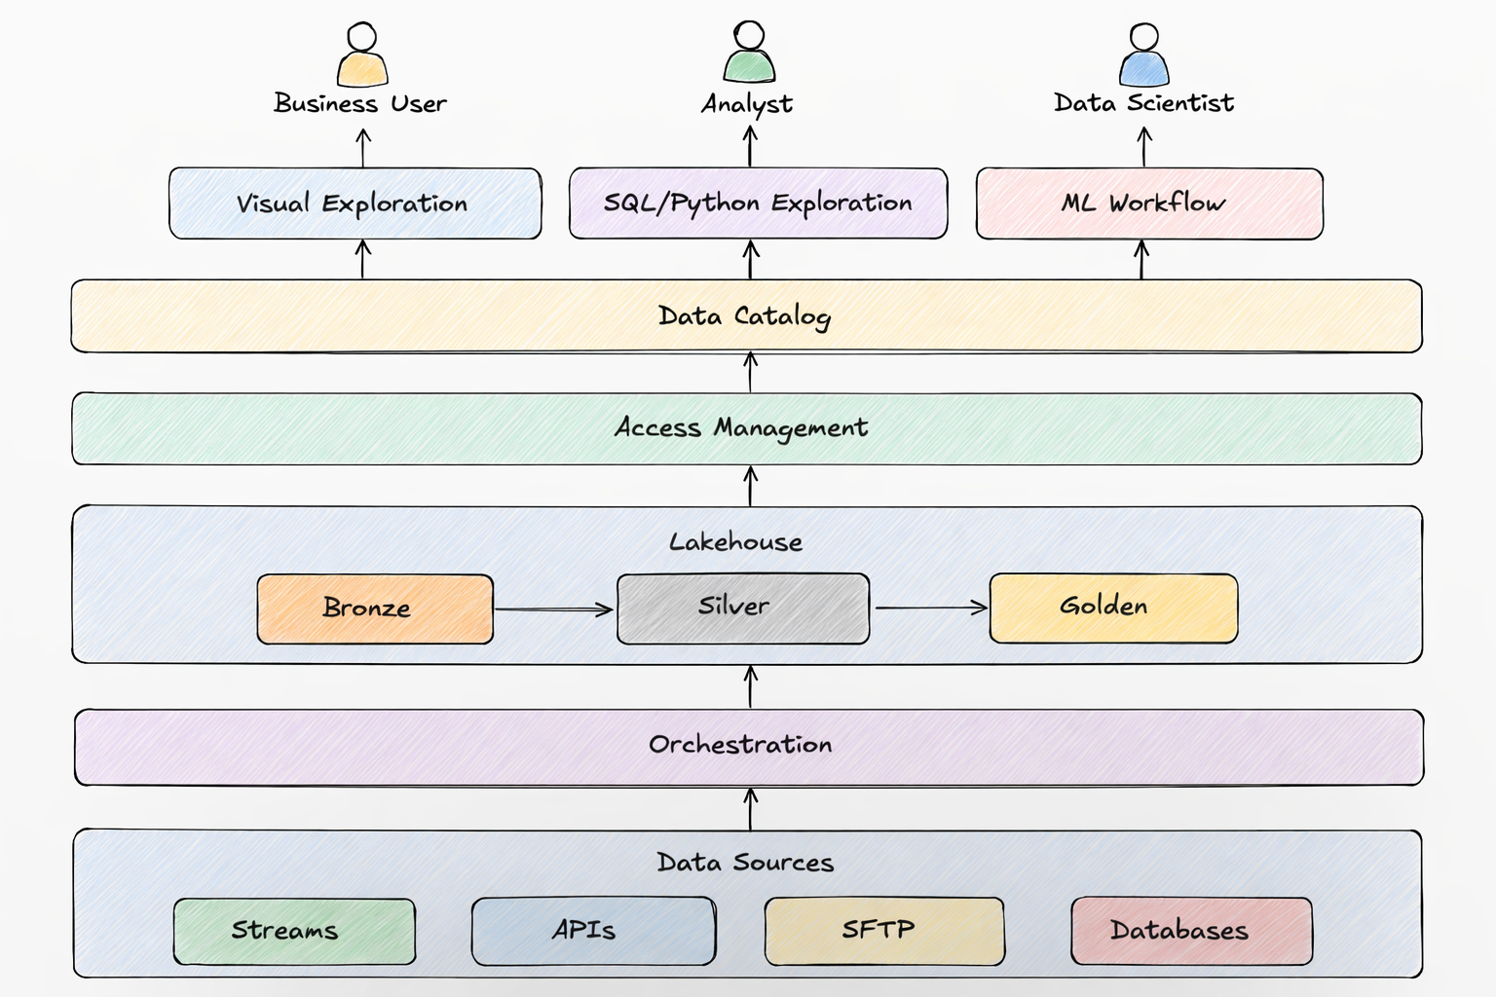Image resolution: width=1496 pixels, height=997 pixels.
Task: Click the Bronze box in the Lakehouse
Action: pos(375,609)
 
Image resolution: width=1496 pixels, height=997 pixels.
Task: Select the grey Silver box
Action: pos(742,608)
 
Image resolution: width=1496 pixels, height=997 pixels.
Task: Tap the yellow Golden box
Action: pos(1113,608)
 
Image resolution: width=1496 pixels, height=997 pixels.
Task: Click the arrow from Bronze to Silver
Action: pos(553,609)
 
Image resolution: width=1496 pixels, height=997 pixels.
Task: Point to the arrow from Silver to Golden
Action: pos(930,608)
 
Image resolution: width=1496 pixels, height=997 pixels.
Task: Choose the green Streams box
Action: pos(294,931)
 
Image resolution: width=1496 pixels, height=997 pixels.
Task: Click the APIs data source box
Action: pos(593,931)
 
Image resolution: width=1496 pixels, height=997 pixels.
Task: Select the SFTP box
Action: pos(884,931)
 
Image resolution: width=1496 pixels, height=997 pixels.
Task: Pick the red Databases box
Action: pos(1191,931)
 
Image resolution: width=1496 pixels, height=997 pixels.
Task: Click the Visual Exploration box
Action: pos(355,203)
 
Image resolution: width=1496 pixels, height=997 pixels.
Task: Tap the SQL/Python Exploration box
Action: pos(758,203)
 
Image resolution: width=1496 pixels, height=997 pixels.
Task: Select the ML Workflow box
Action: pos(1149,203)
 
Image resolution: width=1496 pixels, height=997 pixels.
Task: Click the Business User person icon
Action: pos(362,55)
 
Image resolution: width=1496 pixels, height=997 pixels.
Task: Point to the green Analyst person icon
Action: pos(749,54)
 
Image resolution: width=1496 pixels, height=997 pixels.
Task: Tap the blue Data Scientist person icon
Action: pos(1143,55)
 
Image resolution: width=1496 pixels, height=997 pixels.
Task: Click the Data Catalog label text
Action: pos(744,316)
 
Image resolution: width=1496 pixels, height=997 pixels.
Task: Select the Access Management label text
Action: pos(741,428)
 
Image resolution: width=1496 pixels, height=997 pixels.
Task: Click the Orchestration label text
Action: pos(740,745)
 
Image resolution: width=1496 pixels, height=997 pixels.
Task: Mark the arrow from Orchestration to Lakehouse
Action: pos(750,686)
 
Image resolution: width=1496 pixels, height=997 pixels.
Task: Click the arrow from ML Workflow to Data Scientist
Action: pos(1144,147)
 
